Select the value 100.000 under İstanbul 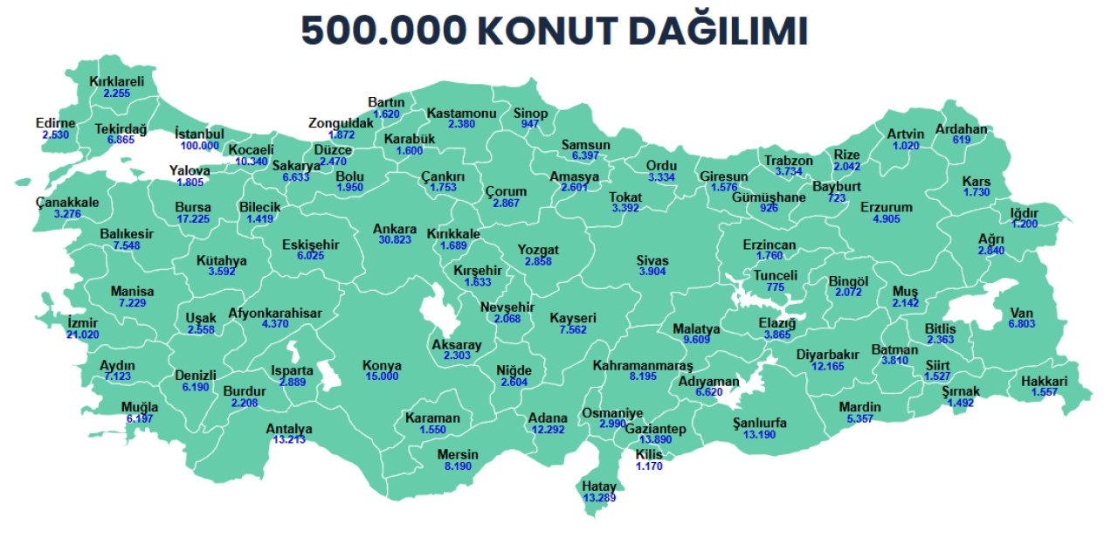coord(200,146)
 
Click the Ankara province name coord(395,229)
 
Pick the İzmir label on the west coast coord(83,323)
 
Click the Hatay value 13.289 coord(600,498)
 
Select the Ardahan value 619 coord(962,141)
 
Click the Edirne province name coord(56,123)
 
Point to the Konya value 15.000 coord(383,376)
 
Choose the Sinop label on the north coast coord(530,114)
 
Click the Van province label coord(1021,314)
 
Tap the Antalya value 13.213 coord(289,440)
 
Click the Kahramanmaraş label coord(642,364)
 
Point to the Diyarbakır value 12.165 coord(827,367)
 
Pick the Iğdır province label coord(1024,213)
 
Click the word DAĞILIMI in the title coord(721,31)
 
